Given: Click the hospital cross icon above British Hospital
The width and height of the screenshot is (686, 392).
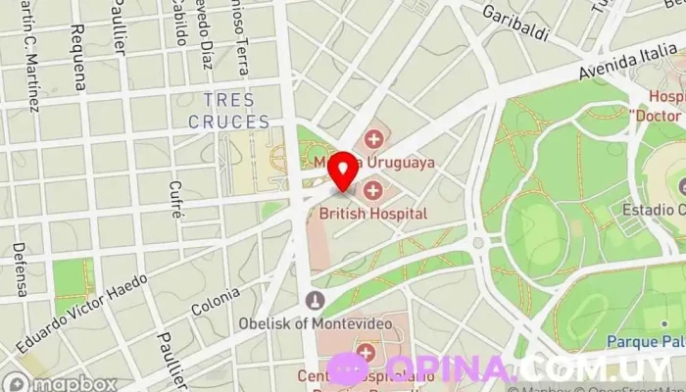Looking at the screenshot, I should coord(372,190).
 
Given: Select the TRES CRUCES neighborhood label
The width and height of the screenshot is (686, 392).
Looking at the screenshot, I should coord(230,111).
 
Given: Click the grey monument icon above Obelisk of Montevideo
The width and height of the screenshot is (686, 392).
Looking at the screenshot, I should coord(315,299).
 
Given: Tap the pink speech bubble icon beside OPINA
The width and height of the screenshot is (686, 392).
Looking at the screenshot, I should coord(347,368).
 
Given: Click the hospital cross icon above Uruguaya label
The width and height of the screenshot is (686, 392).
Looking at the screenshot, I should coord(372,138).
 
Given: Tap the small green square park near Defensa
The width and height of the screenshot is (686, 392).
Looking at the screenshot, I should coord(72,279).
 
